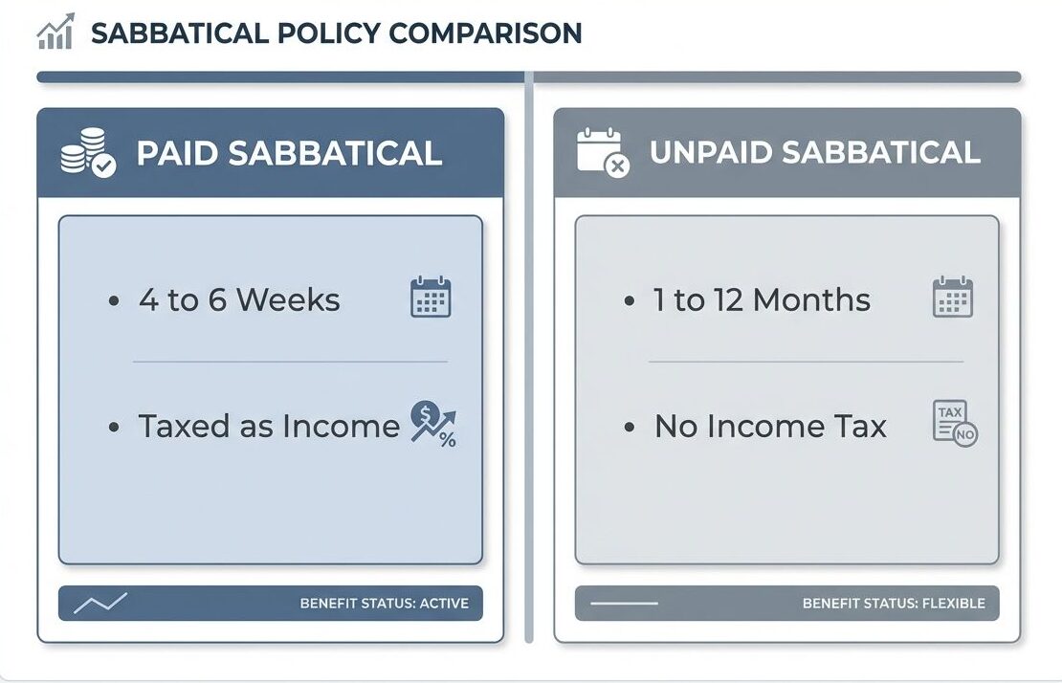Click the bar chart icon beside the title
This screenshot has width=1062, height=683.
tap(55, 34)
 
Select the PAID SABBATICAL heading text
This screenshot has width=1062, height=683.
tap(289, 153)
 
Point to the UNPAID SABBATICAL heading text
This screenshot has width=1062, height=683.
tap(814, 153)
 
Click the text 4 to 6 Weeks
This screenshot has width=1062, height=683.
tap(239, 300)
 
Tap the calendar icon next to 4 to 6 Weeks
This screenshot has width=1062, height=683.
tap(431, 297)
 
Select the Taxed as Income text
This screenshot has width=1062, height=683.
tap(269, 426)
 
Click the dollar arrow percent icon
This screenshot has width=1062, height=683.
tap(433, 424)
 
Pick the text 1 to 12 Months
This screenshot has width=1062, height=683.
tap(762, 300)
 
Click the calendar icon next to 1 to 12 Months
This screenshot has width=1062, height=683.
tap(952, 297)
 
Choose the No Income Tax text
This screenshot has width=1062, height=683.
tap(770, 426)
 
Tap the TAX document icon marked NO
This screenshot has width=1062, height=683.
tap(954, 423)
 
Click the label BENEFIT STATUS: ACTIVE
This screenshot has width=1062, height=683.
tap(384, 604)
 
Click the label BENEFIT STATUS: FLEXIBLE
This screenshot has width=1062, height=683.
tap(894, 604)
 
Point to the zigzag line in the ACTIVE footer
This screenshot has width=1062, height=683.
tap(100, 604)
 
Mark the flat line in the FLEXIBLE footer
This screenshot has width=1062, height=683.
tap(625, 604)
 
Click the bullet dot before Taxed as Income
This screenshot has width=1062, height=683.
tap(115, 427)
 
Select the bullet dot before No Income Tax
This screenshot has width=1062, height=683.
tap(629, 427)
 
